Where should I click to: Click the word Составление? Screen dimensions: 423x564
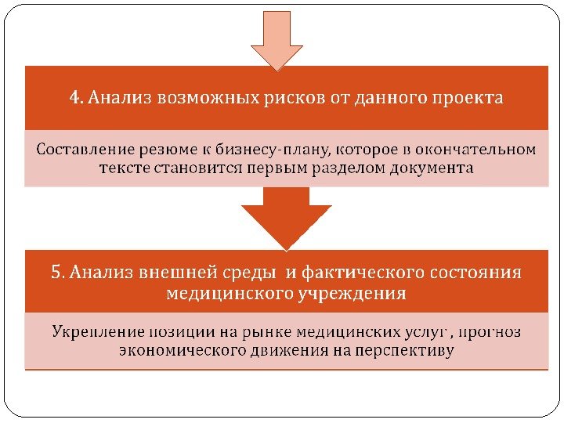pos(85,149)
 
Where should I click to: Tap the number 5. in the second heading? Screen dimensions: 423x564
pos(57,273)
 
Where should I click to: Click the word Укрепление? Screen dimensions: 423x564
pos(99,332)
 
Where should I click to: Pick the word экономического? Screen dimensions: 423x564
pos(183,351)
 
